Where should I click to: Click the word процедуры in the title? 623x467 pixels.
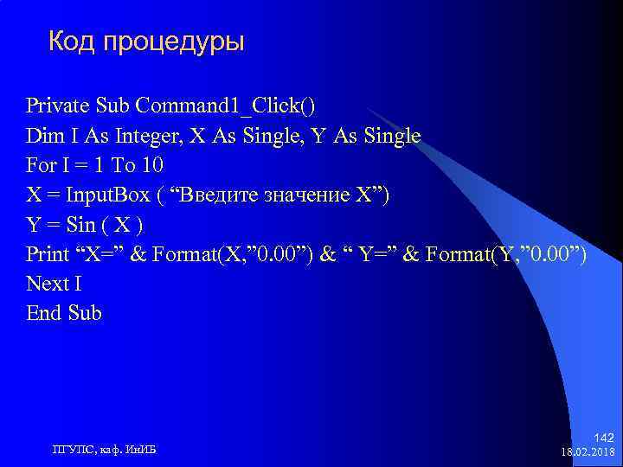(x=173, y=42)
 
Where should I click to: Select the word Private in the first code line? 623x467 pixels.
(x=58, y=106)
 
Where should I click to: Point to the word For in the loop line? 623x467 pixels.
(x=41, y=165)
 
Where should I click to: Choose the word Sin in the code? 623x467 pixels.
(x=80, y=225)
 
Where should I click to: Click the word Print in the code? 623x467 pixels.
(x=48, y=254)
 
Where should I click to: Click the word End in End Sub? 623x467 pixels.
(x=43, y=313)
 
